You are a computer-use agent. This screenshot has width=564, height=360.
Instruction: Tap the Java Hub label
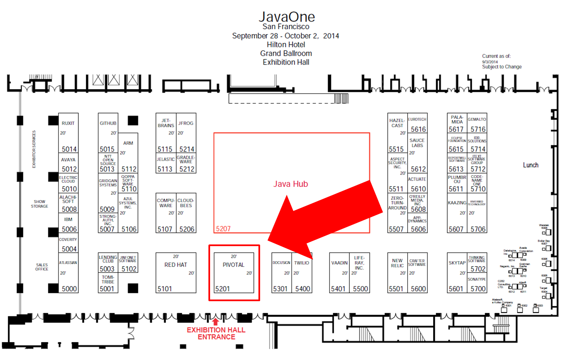point(291,184)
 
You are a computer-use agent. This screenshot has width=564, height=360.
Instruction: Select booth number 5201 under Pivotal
point(222,289)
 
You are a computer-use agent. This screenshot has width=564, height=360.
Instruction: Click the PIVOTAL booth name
point(233,265)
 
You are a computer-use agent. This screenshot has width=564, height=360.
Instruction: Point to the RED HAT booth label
point(175,265)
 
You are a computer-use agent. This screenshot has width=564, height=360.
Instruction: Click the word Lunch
point(531,165)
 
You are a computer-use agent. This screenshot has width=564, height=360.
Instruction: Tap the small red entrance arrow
point(215,322)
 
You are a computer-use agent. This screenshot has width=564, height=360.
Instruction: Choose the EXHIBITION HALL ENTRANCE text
point(216,333)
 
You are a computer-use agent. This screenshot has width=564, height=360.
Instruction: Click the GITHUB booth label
point(108,123)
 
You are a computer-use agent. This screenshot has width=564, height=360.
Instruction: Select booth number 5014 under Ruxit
point(69,149)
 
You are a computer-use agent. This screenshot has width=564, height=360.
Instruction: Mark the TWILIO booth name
point(301,263)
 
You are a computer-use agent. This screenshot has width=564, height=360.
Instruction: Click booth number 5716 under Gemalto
point(478,130)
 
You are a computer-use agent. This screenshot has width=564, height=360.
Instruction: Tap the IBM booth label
point(68,219)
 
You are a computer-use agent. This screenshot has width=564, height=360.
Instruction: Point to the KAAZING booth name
point(457,202)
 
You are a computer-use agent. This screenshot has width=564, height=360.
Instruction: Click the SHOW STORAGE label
point(40,204)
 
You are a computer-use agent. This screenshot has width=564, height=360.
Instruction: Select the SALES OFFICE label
point(42,267)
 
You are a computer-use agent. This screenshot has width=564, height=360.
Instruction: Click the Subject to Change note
point(501,67)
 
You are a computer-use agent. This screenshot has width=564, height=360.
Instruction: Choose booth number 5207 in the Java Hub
point(223,229)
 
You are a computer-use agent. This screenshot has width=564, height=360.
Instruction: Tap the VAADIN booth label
point(339,263)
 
